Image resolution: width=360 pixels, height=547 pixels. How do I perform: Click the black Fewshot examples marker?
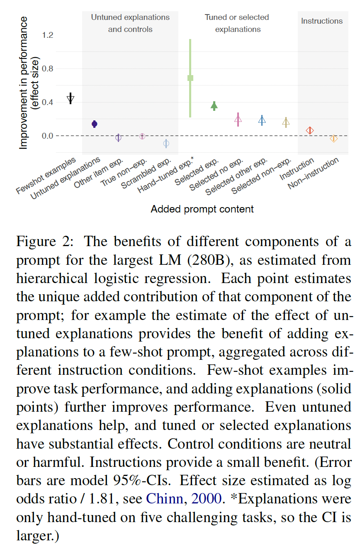coord(71,98)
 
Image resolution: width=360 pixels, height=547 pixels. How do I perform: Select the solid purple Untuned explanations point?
coord(95,124)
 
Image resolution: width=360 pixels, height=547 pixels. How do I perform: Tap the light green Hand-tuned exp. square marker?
coord(190,78)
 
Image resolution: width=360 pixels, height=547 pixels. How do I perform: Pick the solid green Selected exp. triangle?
coord(214,106)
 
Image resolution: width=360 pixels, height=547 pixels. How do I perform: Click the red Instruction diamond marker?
coord(310,130)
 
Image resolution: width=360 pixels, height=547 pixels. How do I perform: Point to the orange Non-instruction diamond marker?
coord(333,139)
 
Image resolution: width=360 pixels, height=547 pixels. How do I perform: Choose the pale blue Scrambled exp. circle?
coord(166,144)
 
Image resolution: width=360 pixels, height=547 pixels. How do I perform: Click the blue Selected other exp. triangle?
coord(262,120)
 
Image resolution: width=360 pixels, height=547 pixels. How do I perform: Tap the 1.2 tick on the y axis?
coord(48,35)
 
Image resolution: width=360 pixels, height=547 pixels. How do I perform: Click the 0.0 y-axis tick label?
coord(48,136)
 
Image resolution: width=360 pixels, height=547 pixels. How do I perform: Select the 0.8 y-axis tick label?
coord(48,69)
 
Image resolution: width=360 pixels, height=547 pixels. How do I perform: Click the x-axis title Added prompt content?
coord(202,209)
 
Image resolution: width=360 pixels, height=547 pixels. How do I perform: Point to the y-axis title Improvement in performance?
coord(24,83)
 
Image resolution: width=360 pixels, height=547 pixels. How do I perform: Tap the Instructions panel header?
coord(322,21)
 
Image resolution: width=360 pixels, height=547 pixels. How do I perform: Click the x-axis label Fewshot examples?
coord(46,175)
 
